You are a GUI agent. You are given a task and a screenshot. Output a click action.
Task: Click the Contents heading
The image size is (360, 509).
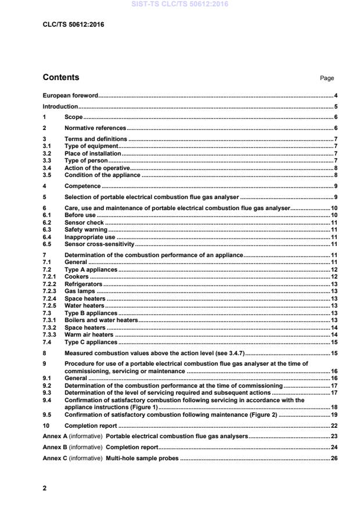(61, 78)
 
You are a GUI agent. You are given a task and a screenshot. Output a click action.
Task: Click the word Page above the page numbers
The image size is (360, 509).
(327, 78)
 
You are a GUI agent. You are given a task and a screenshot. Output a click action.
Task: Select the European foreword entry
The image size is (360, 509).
(70, 95)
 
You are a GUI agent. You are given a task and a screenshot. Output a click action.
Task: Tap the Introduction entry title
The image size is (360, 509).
(60, 107)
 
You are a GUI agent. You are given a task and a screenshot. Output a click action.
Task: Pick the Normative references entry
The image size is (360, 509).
(95, 128)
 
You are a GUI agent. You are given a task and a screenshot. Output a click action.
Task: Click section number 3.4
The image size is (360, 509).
(48, 168)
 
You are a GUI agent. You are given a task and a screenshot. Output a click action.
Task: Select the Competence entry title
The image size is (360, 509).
(82, 186)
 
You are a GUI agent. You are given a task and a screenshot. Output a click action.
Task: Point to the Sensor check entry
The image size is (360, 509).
(84, 222)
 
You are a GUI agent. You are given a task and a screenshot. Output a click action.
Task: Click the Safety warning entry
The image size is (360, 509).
(86, 230)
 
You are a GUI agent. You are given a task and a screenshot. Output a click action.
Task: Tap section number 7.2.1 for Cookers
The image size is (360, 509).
(50, 277)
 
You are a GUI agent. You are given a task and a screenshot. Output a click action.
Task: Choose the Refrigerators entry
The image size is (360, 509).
(83, 284)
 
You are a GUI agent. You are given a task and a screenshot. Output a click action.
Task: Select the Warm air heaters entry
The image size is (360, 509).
(89, 335)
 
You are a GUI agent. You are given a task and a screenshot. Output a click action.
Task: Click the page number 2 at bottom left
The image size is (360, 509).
(45, 488)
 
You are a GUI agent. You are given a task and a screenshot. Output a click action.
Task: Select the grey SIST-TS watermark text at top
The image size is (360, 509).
(180, 4)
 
